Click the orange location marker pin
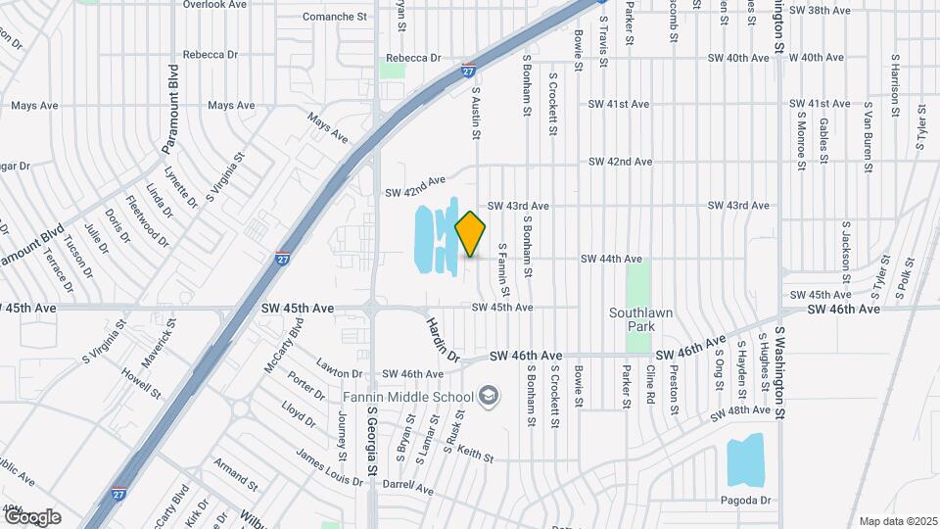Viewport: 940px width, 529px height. pos(471,233)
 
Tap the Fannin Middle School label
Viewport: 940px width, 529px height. pos(408,397)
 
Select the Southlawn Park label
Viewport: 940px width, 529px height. pos(637,320)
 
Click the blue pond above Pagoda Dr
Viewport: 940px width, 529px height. pos(745,459)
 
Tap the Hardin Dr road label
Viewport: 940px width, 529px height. pos(441,339)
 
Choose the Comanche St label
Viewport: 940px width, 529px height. pos(340,18)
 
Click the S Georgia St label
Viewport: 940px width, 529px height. pos(371,446)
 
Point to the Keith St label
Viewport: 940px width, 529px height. pos(475,455)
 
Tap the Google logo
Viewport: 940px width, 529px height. pos(32,517)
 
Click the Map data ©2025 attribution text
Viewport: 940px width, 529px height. pos(898,521)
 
